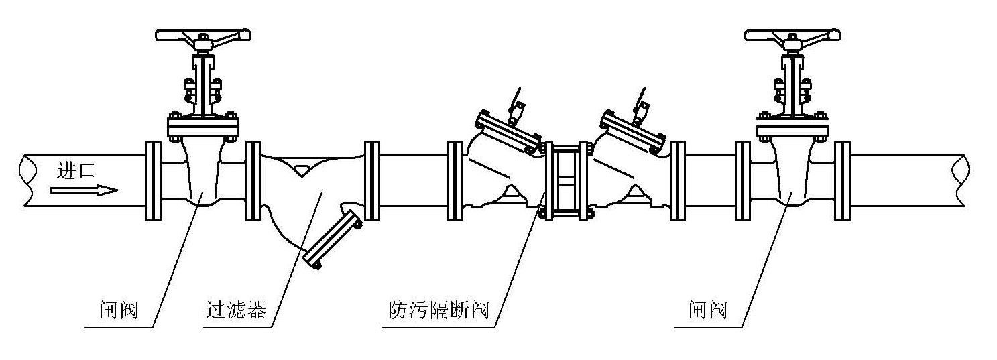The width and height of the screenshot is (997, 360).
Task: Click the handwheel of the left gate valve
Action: click(202, 35)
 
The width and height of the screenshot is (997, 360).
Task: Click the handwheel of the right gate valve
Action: click(792, 35)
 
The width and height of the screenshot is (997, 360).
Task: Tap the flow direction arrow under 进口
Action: click(84, 190)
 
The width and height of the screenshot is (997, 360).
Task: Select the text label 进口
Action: click(76, 170)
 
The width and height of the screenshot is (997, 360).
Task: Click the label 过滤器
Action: click(236, 310)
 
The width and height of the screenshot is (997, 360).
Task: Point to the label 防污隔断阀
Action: click(439, 310)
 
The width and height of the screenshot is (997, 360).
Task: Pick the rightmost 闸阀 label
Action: click(707, 310)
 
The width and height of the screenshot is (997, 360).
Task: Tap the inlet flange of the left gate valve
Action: click(153, 181)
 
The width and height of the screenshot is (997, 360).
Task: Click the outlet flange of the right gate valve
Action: click(842, 181)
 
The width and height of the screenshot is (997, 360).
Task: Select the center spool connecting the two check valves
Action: click(567, 181)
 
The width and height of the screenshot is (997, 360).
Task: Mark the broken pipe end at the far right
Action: click(961, 181)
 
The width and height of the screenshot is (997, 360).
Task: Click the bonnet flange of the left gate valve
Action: click(202, 127)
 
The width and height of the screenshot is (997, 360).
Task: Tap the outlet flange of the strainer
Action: click(371, 181)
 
